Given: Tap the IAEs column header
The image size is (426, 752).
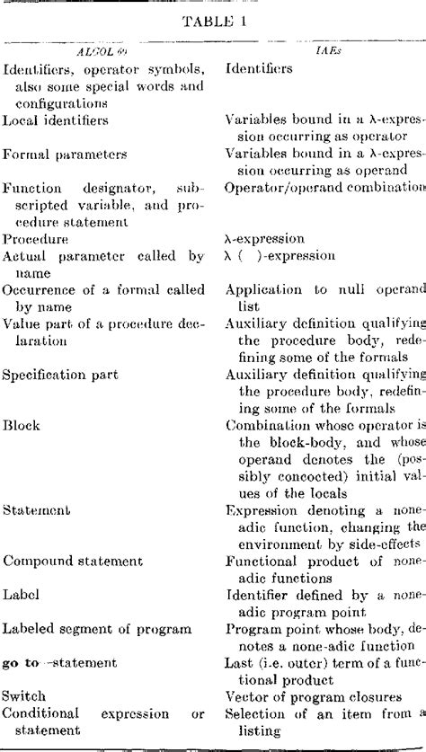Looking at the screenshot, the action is pyautogui.click(x=325, y=53).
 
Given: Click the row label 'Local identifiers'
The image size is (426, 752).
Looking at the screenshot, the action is pyautogui.click(x=56, y=119).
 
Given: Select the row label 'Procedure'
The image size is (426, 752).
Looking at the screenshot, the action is pyautogui.click(x=33, y=239).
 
